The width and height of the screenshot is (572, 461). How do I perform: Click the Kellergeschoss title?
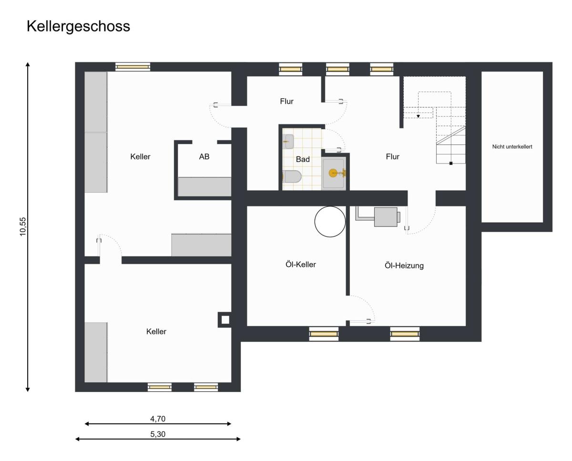78,27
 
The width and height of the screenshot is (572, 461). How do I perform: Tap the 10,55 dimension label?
23,226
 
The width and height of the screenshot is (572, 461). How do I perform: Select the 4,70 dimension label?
158,419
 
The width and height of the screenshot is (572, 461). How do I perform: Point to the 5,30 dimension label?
158,434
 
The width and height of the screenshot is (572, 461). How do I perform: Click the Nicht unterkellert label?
512,146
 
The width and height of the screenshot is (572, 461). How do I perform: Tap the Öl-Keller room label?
301,264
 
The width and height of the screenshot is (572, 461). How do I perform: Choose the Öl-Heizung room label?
404,266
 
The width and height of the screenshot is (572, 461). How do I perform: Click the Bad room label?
303,159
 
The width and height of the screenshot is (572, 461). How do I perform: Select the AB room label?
204,156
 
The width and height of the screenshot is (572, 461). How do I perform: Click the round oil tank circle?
330,206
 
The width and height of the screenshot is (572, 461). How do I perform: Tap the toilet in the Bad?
292,176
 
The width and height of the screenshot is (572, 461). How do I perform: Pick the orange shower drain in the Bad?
333,173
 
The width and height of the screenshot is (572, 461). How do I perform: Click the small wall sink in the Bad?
288,142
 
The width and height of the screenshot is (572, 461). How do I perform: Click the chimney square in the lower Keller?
225,320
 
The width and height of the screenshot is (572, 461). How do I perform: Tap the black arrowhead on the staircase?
418,116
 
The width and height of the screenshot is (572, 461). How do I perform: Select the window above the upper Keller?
133,67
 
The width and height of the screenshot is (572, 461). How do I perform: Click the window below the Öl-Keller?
324,334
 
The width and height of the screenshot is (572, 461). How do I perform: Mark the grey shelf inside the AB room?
204,186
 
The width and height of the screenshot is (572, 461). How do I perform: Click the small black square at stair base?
451,163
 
